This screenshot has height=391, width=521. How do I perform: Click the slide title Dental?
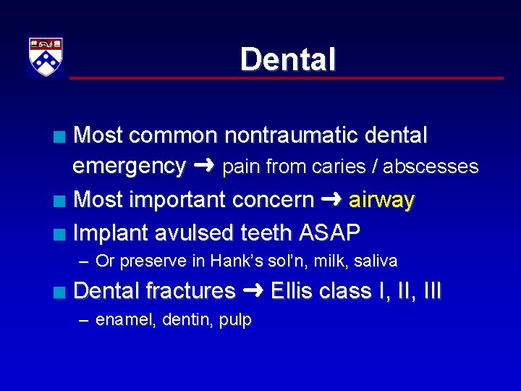(x=288, y=59)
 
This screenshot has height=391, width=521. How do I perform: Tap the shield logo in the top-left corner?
(x=46, y=57)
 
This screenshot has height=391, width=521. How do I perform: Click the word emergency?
(x=129, y=167)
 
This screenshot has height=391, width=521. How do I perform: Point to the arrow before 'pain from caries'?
(x=204, y=167)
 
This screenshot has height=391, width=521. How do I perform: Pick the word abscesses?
(x=431, y=167)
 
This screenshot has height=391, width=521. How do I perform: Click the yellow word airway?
(x=381, y=200)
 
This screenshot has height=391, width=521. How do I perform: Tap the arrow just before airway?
(x=332, y=200)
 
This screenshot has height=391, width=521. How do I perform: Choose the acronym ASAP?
(x=329, y=232)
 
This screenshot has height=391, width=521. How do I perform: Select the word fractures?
(x=191, y=291)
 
